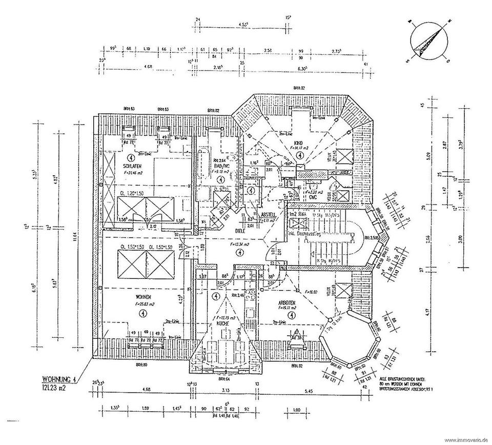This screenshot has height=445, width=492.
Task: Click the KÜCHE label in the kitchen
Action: tap(222, 324)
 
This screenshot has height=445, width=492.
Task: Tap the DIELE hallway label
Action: tap(239, 231)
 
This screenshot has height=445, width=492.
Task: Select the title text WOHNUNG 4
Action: tap(59, 380)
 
